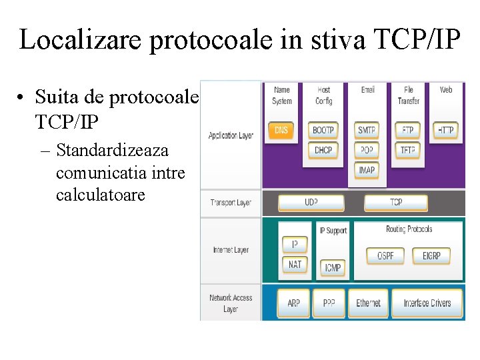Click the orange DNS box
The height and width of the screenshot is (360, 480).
pyautogui.click(x=281, y=130)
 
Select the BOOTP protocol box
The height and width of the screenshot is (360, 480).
pyautogui.click(x=323, y=130)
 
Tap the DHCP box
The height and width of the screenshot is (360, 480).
pyautogui.click(x=323, y=150)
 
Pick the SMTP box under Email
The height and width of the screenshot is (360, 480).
pyautogui.click(x=367, y=130)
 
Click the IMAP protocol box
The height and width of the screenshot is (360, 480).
pyautogui.click(x=367, y=170)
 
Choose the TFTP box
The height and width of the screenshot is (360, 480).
pyautogui.click(x=408, y=150)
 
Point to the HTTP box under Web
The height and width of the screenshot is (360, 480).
pyautogui.click(x=446, y=130)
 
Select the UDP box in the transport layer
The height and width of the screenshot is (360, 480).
pyautogui.click(x=311, y=202)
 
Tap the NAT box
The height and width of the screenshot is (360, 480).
pyautogui.click(x=295, y=265)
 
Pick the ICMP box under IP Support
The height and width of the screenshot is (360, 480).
pyautogui.click(x=333, y=268)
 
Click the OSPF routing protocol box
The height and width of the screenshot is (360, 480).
pyautogui.click(x=385, y=255)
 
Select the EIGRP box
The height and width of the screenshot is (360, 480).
pyautogui.click(x=436, y=255)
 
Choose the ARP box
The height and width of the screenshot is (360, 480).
pyautogui.click(x=294, y=303)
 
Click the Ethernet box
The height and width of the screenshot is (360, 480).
pyautogui.click(x=368, y=303)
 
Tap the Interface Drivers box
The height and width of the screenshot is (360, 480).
pyautogui.click(x=427, y=303)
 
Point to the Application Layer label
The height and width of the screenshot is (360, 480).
pyautogui.click(x=231, y=135)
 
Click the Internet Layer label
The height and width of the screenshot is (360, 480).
pyautogui.click(x=231, y=250)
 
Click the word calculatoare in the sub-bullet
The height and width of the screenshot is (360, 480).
pyautogui.click(x=100, y=196)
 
